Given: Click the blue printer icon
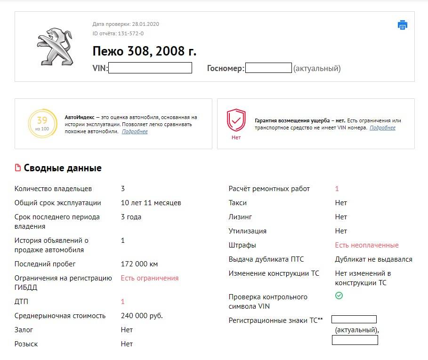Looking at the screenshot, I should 403,25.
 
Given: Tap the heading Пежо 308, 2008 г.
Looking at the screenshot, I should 144,51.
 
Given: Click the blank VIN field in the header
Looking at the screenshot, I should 150,68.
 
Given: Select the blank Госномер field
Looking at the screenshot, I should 268,68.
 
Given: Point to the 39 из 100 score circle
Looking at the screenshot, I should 42,124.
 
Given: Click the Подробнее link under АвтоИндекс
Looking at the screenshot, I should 135,132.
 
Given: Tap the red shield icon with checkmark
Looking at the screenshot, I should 236,120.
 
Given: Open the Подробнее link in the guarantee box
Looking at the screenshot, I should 382,128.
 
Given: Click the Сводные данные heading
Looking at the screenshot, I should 63,168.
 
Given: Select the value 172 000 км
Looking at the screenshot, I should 139,264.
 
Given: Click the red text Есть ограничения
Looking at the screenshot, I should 150,278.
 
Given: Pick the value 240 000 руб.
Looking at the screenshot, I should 142,316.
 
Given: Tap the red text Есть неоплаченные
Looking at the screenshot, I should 367,245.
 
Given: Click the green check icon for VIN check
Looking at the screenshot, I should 339,296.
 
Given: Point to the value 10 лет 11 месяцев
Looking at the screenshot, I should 151,203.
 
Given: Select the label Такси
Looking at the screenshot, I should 237,203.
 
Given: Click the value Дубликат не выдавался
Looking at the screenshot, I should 373,259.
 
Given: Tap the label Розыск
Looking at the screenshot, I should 26,344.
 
